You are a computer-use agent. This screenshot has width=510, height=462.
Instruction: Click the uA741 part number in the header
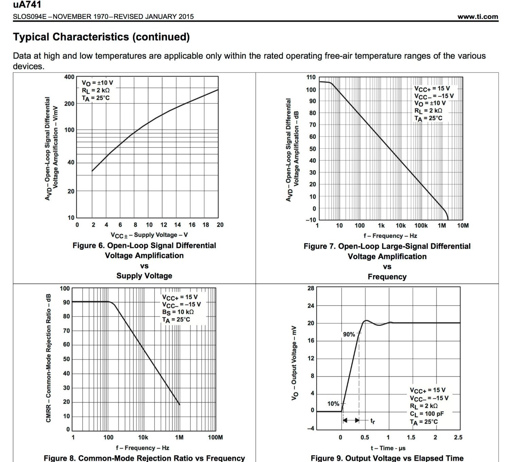tap(27, 5)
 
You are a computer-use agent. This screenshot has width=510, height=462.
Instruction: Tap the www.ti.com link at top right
tap(477, 17)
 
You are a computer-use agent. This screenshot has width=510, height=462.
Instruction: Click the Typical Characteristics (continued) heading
tap(101, 37)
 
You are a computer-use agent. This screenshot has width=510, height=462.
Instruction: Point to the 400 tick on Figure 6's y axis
tap(69, 77)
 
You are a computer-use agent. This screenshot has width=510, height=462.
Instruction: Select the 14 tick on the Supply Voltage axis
tap(177, 225)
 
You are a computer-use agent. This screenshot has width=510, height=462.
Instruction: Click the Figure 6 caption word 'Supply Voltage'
tap(144, 276)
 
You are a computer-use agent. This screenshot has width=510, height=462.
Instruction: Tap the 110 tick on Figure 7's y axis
tap(311, 77)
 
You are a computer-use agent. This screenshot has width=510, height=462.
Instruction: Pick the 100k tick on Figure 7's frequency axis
tap(421, 225)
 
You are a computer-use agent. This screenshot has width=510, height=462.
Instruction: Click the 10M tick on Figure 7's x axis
tap(462, 225)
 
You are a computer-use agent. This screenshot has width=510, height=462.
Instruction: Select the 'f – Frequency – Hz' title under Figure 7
tap(390, 236)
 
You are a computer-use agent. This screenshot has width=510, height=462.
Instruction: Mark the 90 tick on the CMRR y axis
tap(66, 302)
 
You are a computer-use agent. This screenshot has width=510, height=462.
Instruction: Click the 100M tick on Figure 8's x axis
tap(215, 437)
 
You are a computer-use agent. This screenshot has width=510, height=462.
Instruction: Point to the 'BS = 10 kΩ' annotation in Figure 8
tap(178, 312)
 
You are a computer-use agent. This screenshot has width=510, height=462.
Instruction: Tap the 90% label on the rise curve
tap(349, 335)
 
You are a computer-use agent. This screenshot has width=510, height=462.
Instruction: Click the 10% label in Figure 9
tap(333, 404)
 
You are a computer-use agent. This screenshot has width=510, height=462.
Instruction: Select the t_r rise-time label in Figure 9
tap(373, 421)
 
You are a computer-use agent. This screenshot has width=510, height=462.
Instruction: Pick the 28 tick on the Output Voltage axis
tap(311, 288)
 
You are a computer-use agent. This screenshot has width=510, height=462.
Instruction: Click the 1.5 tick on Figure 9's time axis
tap(411, 437)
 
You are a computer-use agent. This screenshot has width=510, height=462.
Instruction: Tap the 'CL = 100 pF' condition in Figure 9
tap(427, 414)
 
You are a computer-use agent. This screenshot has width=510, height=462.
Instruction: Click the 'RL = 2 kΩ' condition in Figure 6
tap(96, 90)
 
